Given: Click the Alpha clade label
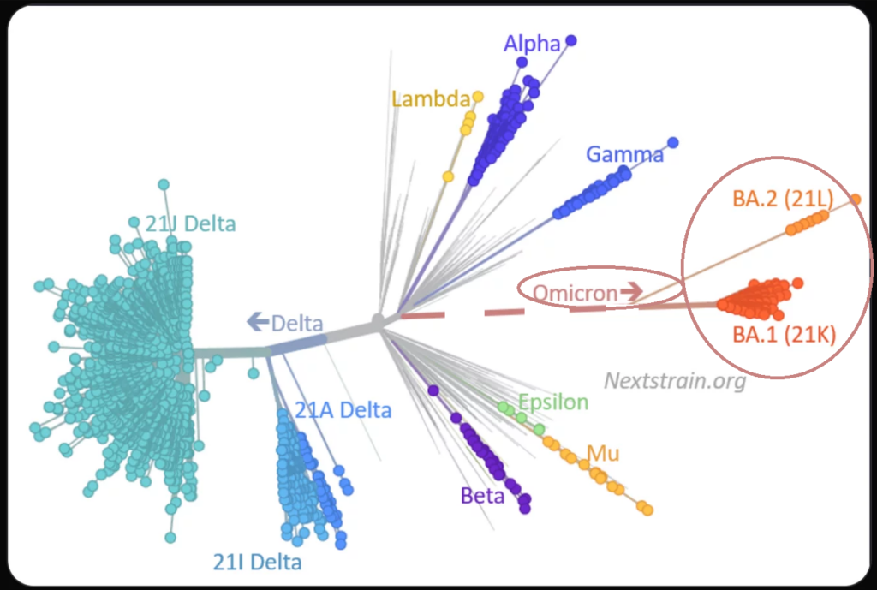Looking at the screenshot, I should pyautogui.click(x=532, y=44).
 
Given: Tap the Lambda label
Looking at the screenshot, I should pyautogui.click(x=431, y=98).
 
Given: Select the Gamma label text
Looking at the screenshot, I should pyautogui.click(x=624, y=155).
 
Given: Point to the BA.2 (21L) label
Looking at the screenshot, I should pyautogui.click(x=782, y=200).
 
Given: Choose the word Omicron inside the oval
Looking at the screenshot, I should pyautogui.click(x=575, y=294).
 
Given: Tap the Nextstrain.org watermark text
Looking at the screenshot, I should pyautogui.click(x=675, y=381).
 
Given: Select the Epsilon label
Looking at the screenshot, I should pyautogui.click(x=553, y=402).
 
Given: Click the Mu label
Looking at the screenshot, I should pyautogui.click(x=602, y=453).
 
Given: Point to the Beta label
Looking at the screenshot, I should pyautogui.click(x=483, y=495).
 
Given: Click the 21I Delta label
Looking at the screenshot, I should pyautogui.click(x=257, y=563).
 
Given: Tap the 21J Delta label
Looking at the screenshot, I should pyautogui.click(x=190, y=224).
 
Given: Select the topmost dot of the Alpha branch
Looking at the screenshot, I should pyautogui.click(x=571, y=40).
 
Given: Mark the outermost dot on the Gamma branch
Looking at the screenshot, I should pyautogui.click(x=673, y=142).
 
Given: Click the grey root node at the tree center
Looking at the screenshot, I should pyautogui.click(x=377, y=321).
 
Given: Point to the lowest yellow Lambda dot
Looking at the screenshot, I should pyautogui.click(x=448, y=176).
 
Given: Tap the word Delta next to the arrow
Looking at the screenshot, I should pyautogui.click(x=297, y=324).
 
